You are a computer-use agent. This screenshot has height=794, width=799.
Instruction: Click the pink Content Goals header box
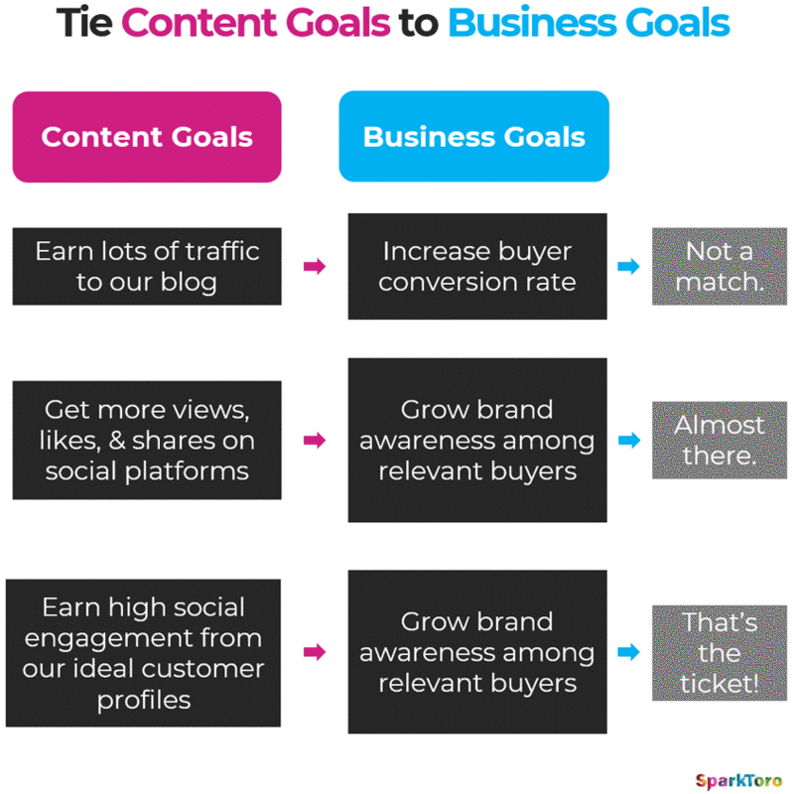coord(147,136)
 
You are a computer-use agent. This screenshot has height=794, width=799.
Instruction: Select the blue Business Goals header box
coord(473,136)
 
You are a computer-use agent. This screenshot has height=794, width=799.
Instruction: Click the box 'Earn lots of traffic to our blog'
coord(147,266)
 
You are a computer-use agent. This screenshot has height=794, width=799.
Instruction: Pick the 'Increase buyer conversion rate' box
coord(476,266)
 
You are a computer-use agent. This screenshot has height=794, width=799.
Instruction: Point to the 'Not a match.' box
coord(719,266)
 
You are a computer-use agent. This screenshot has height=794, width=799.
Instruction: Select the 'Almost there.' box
coord(719,440)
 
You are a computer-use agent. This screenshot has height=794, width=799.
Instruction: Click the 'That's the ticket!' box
coord(719,652)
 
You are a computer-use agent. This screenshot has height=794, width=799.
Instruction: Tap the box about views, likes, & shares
coord(147,440)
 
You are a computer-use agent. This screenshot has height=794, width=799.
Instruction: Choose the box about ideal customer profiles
coord(143,653)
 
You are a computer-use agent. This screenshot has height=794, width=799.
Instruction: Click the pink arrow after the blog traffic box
coord(315,266)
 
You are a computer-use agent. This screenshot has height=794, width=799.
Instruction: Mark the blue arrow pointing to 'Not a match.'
coord(628,266)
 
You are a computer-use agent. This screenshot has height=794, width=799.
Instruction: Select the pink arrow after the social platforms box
coord(315,440)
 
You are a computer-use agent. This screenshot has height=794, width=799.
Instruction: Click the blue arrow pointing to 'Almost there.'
coord(628,440)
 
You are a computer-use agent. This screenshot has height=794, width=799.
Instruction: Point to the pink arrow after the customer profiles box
coord(315,652)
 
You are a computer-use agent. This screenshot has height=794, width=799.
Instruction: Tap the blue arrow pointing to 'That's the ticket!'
coord(628,652)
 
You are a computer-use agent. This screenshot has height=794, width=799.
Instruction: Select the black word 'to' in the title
coord(418,23)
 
